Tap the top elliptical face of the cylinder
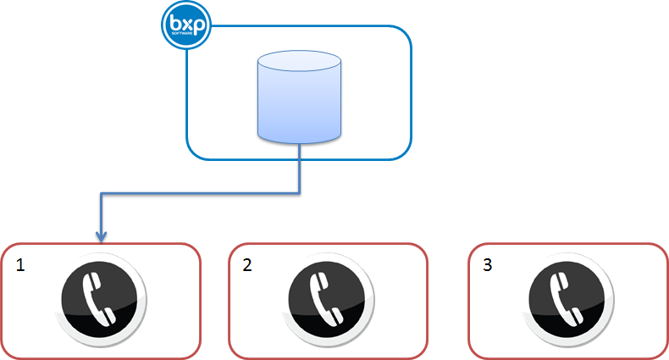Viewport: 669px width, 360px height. [x=300, y=64]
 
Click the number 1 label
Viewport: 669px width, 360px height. [x=21, y=265]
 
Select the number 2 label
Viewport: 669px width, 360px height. [x=247, y=265]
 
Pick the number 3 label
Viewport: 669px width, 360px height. [x=487, y=265]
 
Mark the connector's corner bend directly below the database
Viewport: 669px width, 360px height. [x=300, y=194]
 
